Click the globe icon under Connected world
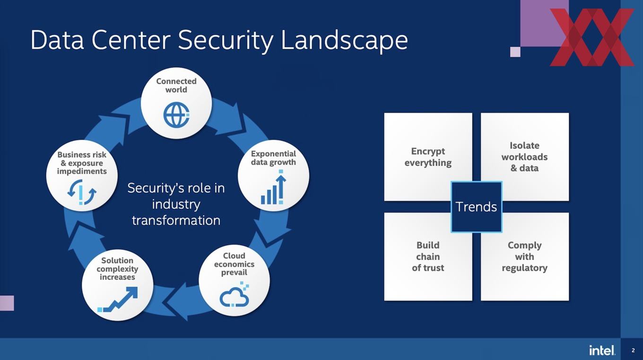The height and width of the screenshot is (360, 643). [x=176, y=114]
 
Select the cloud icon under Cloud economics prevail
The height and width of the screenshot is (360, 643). [x=234, y=295]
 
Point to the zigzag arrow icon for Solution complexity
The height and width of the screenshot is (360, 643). [x=117, y=299]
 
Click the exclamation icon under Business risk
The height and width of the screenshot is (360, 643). [x=82, y=192]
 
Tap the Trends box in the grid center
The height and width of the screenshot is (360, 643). [x=476, y=207]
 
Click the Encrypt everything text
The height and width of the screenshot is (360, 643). [x=428, y=157]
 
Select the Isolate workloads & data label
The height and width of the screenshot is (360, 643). [x=524, y=157]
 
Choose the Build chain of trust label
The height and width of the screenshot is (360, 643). [x=428, y=256]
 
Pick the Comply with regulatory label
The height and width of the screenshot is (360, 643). [x=524, y=256]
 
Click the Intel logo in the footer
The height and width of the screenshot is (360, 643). [x=602, y=350]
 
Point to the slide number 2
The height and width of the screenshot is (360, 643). [x=633, y=351]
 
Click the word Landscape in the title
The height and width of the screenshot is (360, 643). [x=344, y=40]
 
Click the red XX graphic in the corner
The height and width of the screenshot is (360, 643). [x=592, y=37]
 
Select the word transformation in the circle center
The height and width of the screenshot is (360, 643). [x=176, y=220]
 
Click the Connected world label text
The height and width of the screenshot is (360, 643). [x=176, y=85]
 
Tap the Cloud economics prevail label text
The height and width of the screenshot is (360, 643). [x=234, y=264]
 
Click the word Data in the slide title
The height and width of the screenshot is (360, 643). [x=57, y=40]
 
